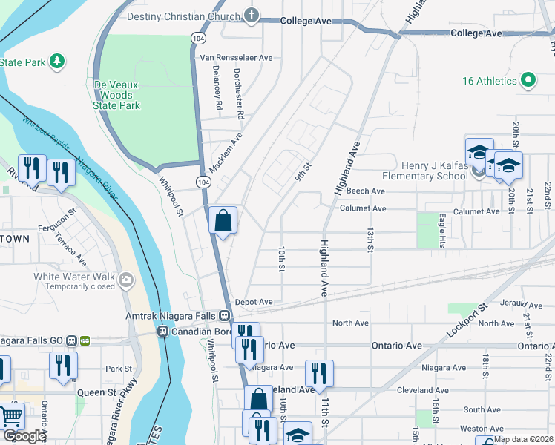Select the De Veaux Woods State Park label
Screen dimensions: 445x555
pyautogui.click(x=117, y=96)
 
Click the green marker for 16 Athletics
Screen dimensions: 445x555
pyautogui.click(x=528, y=81)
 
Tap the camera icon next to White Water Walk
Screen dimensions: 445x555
pyautogui.click(x=127, y=280)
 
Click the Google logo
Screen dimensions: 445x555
pyautogui.click(x=24, y=436)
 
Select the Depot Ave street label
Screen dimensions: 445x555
pyautogui.click(x=254, y=302)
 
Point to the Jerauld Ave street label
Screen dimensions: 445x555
pyautogui.click(x=522, y=305)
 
